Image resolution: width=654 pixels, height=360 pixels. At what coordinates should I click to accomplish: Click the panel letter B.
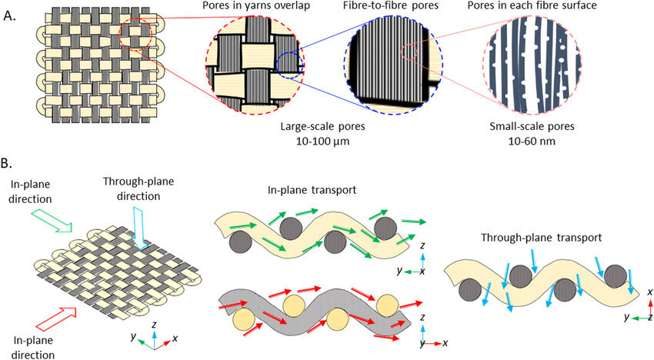pos(8,164)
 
